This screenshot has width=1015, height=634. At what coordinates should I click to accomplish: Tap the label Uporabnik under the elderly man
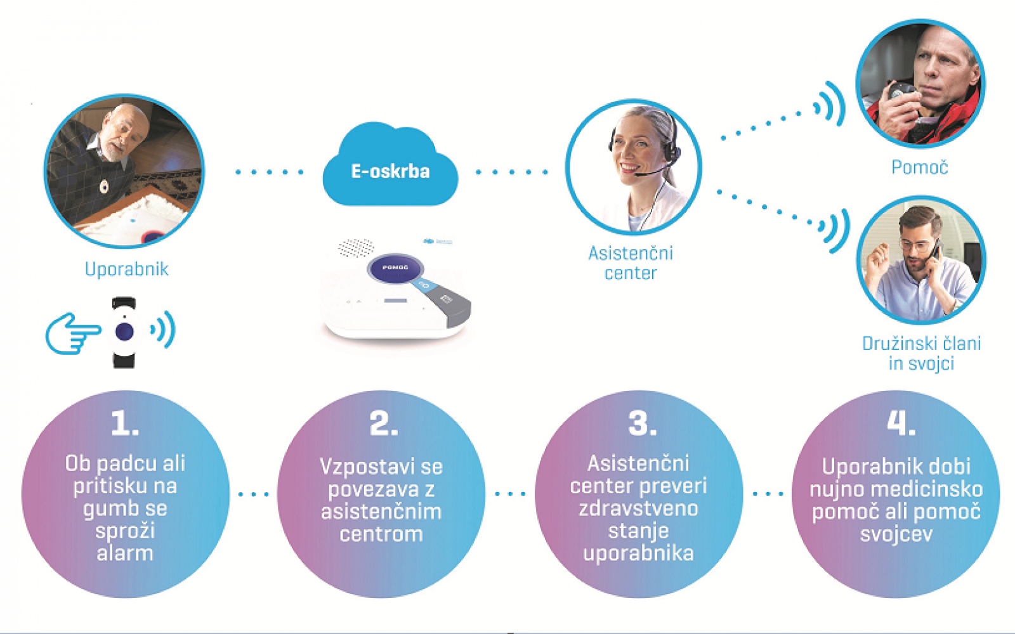[127, 269]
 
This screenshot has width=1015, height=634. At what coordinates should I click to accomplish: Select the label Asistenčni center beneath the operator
[631, 263]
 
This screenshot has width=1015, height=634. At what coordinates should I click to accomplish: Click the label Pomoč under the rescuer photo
[919, 167]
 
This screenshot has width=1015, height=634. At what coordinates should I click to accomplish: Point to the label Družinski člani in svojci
[921, 353]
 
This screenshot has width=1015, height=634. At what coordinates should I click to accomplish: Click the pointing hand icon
[72, 332]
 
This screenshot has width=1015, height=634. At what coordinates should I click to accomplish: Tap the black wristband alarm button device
[124, 332]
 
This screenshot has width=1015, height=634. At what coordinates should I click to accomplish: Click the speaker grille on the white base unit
[355, 248]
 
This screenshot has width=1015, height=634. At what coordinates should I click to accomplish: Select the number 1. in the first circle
[125, 424]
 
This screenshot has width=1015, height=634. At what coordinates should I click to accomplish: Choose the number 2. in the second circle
[384, 424]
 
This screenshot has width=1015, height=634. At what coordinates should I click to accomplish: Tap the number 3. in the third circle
[642, 424]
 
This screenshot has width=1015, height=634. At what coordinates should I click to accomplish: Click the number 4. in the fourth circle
[901, 424]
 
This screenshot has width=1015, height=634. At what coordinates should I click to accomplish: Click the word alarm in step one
[125, 553]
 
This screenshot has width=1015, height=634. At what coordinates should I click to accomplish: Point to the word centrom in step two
[381, 534]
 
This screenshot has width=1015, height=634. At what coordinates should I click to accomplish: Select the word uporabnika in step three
[638, 553]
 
